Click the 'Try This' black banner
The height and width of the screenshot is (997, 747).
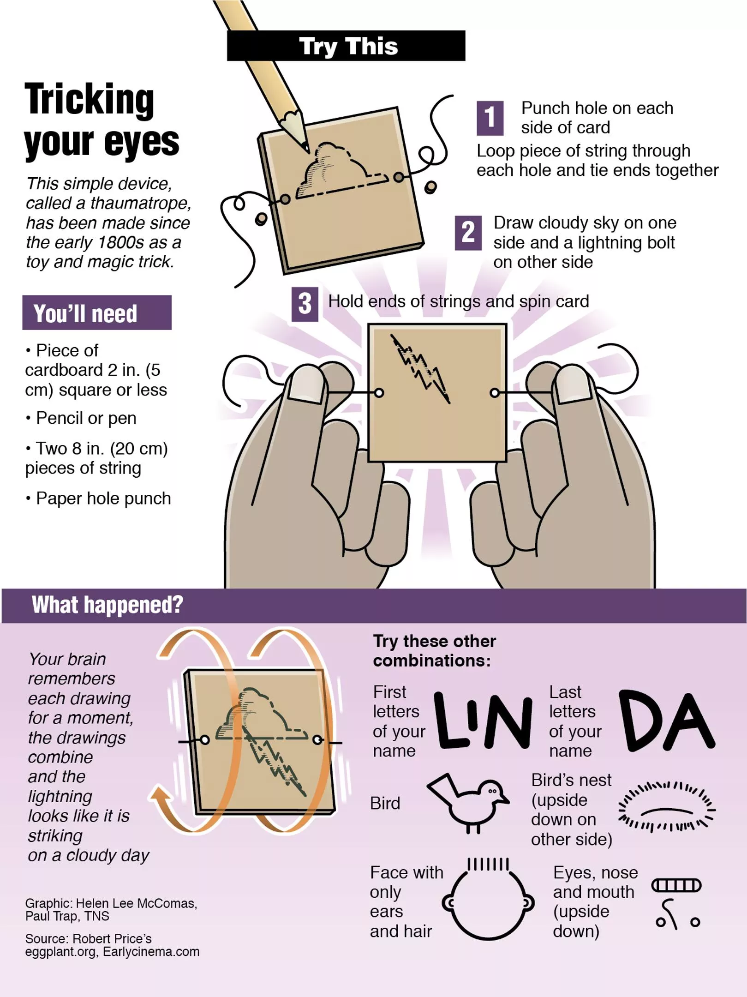coord(346,46)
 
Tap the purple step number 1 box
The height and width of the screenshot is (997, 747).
coord(490,118)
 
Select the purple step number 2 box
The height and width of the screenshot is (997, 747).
coord(468,233)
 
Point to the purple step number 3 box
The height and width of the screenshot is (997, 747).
coord(305,304)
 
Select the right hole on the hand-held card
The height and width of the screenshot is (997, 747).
coord(495,393)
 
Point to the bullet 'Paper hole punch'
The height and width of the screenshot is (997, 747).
coord(103,498)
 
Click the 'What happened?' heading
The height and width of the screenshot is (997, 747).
coord(107,605)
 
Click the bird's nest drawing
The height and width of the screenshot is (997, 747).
coord(666,808)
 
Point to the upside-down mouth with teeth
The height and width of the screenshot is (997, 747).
coord(676,885)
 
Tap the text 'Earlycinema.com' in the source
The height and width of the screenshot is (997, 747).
coord(151,952)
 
